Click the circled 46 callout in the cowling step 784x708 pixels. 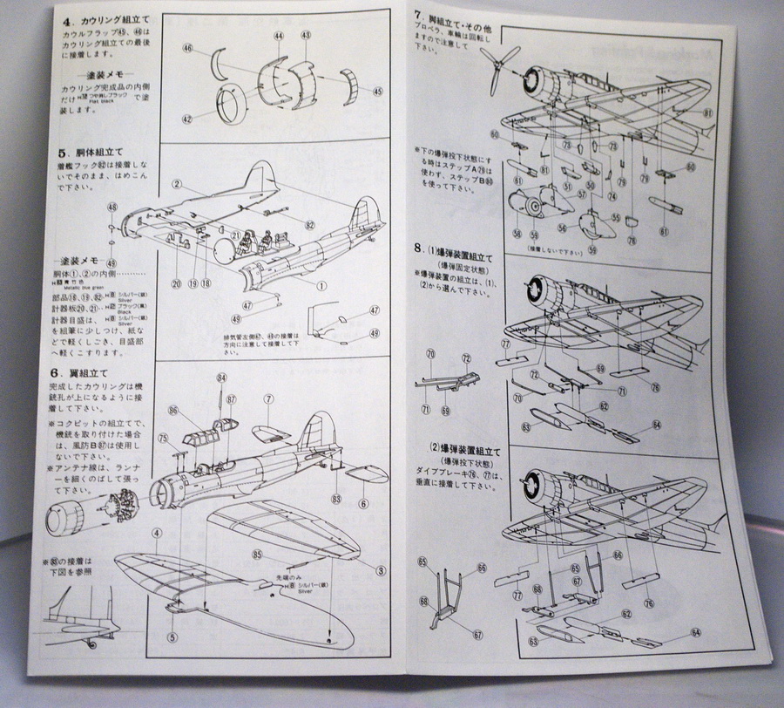187,51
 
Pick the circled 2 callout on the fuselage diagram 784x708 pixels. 175,184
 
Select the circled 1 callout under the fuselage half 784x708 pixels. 321,285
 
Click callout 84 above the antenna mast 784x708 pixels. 221,378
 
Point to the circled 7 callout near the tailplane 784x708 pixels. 270,399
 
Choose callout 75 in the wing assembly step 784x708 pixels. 163,439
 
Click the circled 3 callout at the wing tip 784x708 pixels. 380,571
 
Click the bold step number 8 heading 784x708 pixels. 419,248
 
